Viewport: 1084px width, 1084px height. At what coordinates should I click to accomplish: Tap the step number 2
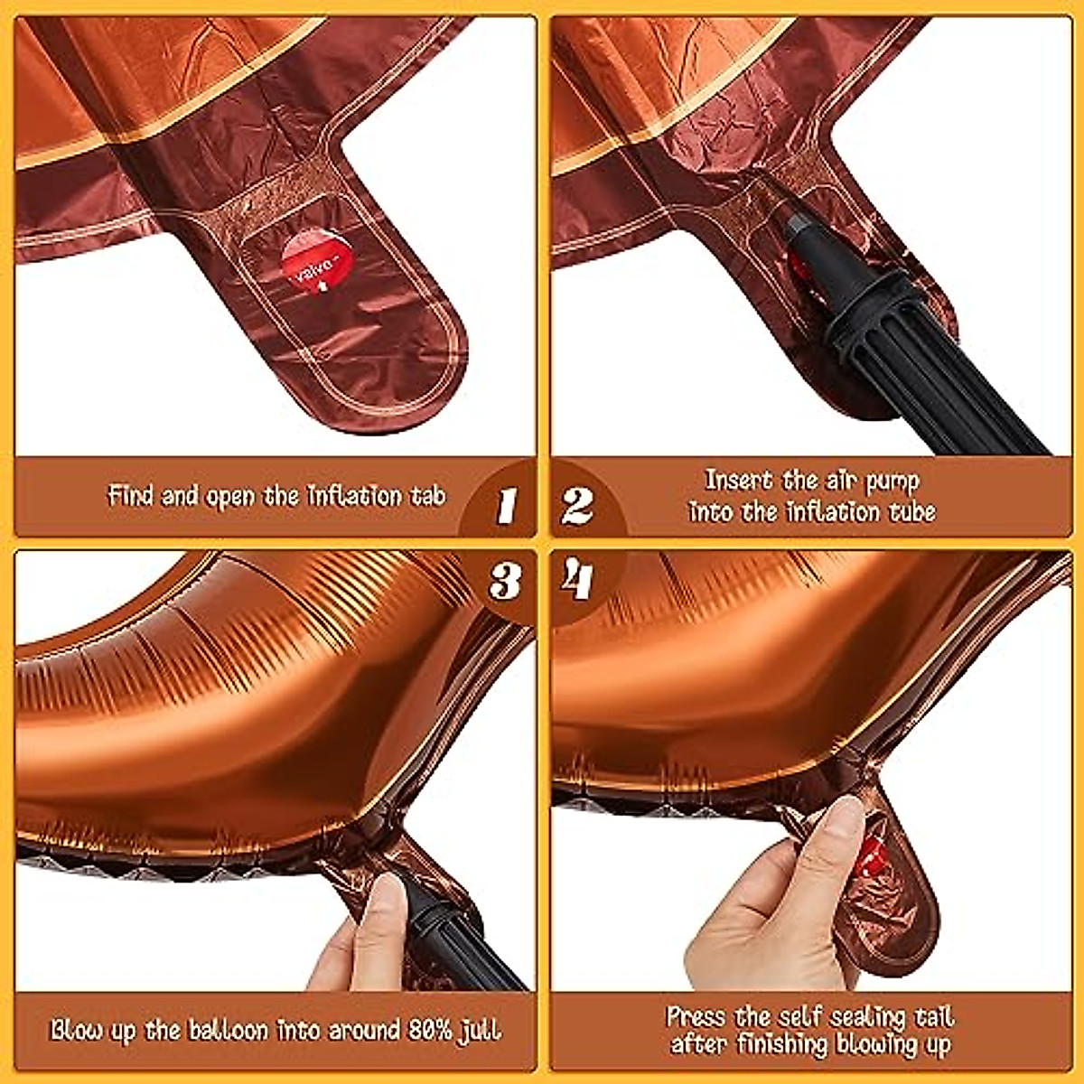point(577,506)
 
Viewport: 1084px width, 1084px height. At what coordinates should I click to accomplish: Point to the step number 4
point(576,580)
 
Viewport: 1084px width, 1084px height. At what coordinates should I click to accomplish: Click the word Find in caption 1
point(131,496)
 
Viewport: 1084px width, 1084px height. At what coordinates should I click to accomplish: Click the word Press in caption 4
point(696,1016)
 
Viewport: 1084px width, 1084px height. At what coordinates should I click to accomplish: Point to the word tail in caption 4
point(933,1016)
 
